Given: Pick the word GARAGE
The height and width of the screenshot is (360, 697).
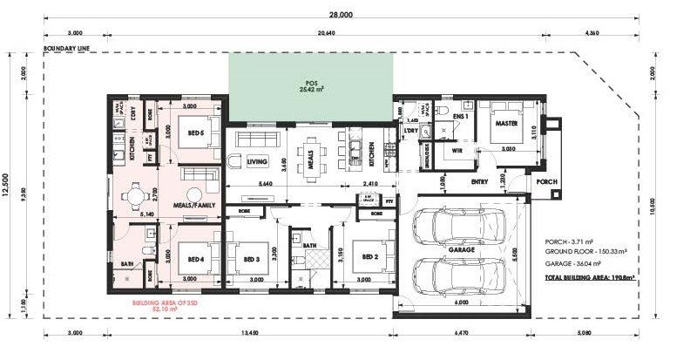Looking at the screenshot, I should point(462,250).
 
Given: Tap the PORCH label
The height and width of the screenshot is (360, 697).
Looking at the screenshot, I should point(547,182).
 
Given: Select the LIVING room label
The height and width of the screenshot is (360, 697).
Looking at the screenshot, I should point(257,161).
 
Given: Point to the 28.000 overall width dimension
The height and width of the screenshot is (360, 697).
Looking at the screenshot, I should point(341,15).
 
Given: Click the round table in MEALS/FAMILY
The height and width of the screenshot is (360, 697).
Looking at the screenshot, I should point(136,193).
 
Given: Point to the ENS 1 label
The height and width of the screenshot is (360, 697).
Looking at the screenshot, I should point(461,115).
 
